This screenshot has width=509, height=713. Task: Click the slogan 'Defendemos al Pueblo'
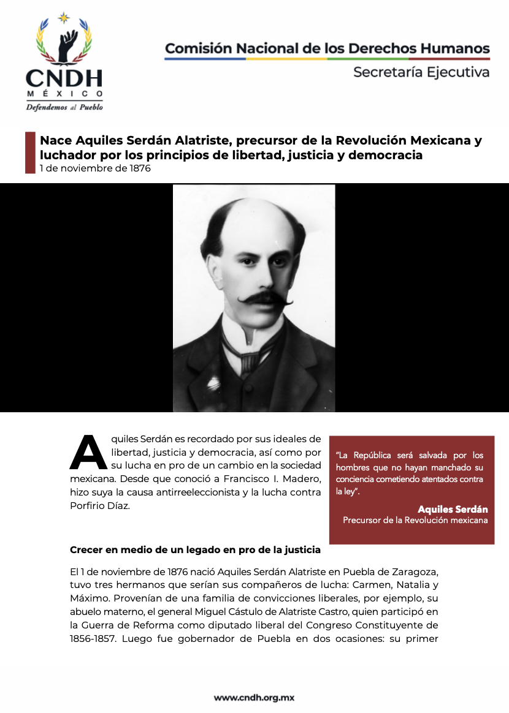(x=64, y=107)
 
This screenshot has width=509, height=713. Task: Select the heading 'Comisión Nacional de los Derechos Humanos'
(x=327, y=48)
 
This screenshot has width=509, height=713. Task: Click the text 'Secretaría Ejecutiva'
(x=421, y=72)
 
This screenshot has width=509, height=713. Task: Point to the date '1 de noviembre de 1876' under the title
(x=95, y=168)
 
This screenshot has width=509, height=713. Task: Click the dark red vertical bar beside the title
(x=30, y=152)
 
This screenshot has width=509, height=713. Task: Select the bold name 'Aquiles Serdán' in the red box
(x=453, y=509)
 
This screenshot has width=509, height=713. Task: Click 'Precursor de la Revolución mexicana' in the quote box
(x=415, y=520)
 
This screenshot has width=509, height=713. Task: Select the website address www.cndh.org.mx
(x=255, y=697)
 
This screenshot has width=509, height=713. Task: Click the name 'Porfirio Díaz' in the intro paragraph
(x=99, y=505)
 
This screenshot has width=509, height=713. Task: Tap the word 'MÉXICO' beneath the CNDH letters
(x=64, y=94)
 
